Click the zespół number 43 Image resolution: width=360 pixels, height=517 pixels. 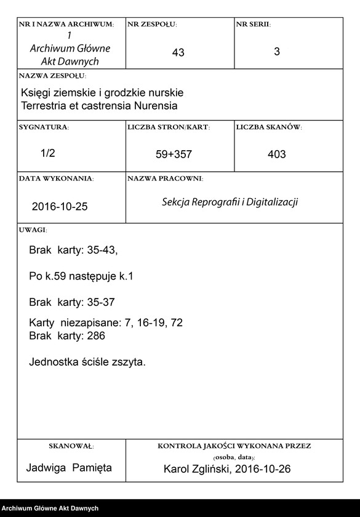click(x=178, y=54)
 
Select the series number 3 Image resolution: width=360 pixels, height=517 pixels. click(x=277, y=52)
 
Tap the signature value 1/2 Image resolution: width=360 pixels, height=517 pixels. click(x=48, y=154)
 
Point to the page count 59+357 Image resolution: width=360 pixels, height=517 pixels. click(x=174, y=155)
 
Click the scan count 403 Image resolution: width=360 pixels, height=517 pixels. click(x=277, y=155)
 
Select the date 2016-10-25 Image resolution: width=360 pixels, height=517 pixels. click(x=60, y=207)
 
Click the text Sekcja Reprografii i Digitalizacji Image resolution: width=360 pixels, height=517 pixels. click(x=230, y=202)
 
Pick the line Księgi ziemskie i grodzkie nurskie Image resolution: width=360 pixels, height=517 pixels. click(x=102, y=92)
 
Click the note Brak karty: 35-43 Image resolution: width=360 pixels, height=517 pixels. click(x=73, y=250)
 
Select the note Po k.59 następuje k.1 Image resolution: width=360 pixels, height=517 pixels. click(x=81, y=277)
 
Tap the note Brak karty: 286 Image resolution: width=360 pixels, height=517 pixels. click(x=67, y=336)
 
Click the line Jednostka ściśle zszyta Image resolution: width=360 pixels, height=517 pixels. click(x=87, y=362)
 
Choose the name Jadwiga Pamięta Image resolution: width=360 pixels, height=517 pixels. click(x=69, y=468)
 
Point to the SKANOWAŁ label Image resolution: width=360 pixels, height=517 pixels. click(x=71, y=446)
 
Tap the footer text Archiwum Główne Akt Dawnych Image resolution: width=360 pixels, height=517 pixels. click(x=50, y=508)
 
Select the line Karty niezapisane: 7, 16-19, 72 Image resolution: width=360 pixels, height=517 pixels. click(x=106, y=323)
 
